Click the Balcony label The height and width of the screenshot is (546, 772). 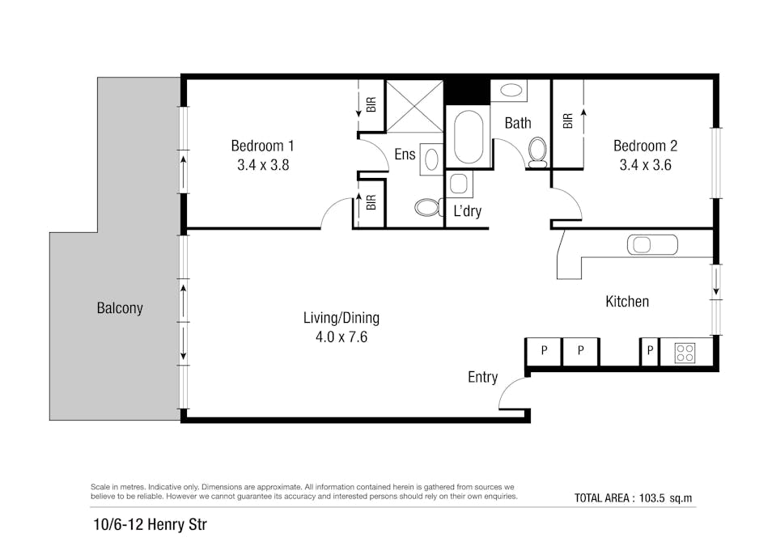(x=120, y=308)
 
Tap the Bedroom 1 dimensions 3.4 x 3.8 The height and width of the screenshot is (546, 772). (x=263, y=165)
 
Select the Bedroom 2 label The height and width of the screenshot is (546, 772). (x=645, y=146)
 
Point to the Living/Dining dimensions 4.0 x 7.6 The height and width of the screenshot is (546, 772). (x=341, y=337)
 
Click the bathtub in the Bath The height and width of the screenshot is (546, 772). (x=468, y=138)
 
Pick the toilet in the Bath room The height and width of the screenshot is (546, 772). (x=537, y=151)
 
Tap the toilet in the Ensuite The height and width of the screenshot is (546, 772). (x=426, y=208)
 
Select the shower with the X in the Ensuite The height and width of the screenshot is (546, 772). (x=414, y=106)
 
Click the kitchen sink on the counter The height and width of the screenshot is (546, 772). (x=651, y=244)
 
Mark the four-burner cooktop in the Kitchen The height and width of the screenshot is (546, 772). (x=685, y=353)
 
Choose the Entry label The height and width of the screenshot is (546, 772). (x=482, y=378)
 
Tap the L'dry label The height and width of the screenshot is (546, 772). (x=468, y=212)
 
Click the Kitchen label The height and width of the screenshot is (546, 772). (x=627, y=302)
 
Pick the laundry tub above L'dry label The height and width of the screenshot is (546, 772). (x=460, y=184)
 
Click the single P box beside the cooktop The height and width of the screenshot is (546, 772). (x=649, y=351)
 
